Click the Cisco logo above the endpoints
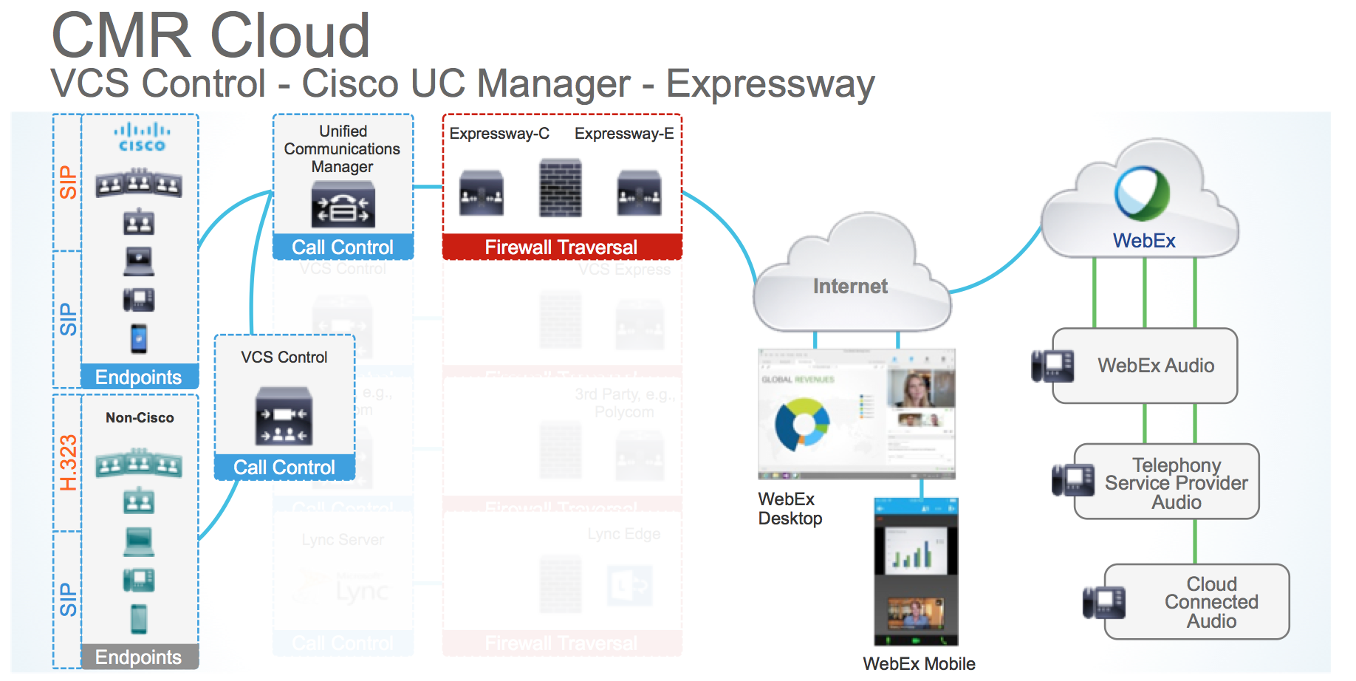coord(141,138)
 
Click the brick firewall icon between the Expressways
coord(560,188)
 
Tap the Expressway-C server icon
coord(482,193)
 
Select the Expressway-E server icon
coord(639,193)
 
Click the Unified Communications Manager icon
coord(343,205)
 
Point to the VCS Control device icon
coord(284,417)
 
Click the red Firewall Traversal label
coord(561,247)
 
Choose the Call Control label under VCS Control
coord(284,468)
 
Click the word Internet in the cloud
coord(850,287)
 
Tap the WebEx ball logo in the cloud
coord(1142,194)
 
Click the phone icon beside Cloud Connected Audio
coord(1103,602)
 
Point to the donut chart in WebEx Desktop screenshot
coord(802,425)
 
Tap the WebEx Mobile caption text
coord(919,664)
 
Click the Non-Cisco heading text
coord(140,418)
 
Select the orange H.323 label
coord(68,463)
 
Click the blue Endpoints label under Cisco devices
coord(138,377)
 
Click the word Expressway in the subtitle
coord(770,83)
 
